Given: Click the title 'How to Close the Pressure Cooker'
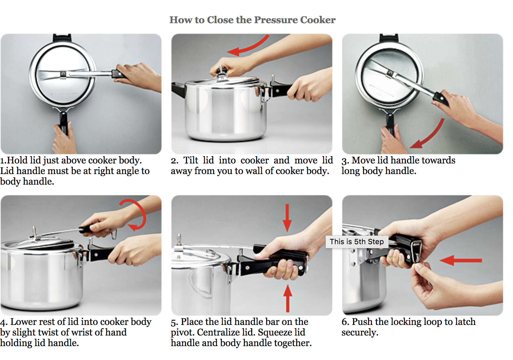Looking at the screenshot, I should pyautogui.click(x=252, y=20).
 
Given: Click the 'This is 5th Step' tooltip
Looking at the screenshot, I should pyautogui.click(x=356, y=242).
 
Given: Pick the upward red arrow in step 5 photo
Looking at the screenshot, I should pyautogui.click(x=288, y=298).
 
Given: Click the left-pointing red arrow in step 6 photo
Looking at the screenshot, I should pyautogui.click(x=460, y=260).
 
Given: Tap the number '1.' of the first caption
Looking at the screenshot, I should pyautogui.click(x=3, y=160).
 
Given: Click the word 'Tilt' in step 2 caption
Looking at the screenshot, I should pyautogui.click(x=191, y=160).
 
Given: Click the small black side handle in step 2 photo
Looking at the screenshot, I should pyautogui.click(x=178, y=89).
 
